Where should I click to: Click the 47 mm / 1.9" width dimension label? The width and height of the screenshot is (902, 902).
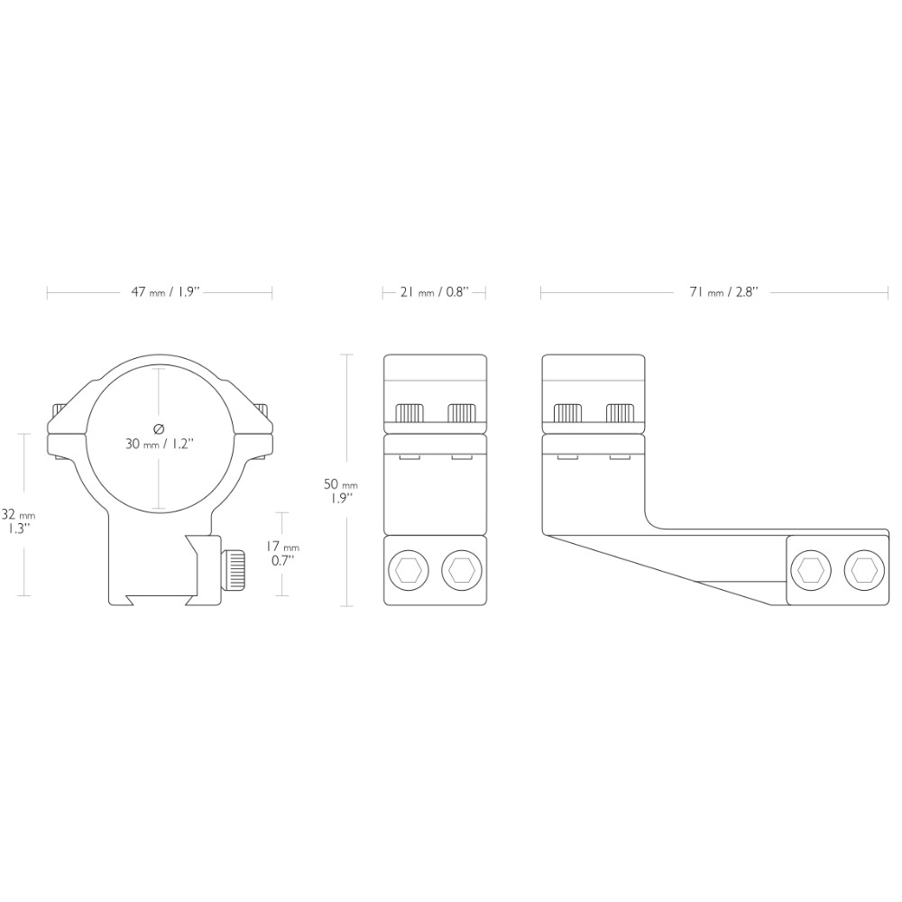coord(165,291)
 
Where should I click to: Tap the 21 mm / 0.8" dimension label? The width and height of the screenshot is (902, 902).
coord(435,291)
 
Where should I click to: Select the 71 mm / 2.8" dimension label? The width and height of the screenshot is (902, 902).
coord(722,291)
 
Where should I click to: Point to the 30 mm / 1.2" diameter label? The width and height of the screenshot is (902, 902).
coord(160,444)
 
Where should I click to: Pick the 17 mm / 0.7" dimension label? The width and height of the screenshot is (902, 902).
coord(282,553)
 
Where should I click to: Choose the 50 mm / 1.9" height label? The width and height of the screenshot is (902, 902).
coord(341,492)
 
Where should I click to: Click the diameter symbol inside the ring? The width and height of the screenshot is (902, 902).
coord(160,428)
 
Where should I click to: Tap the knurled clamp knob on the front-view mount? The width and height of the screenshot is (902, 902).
coord(233,571)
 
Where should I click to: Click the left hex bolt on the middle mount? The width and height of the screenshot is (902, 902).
coord(409,570)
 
